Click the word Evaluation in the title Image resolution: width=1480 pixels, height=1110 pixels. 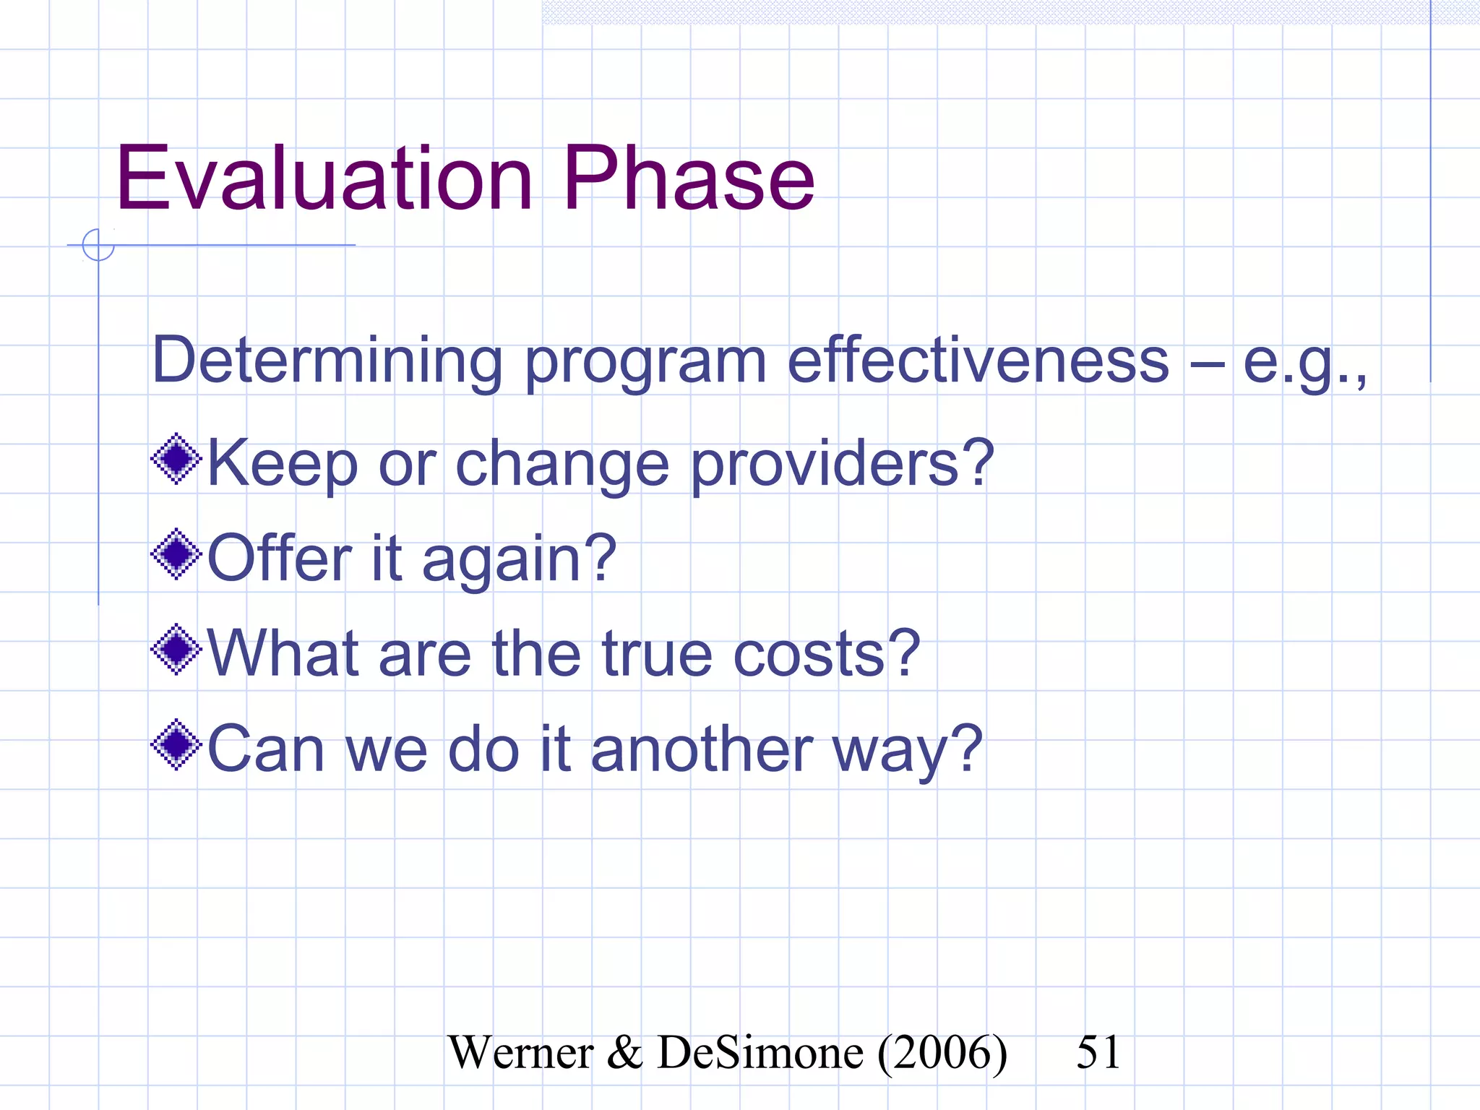(324, 178)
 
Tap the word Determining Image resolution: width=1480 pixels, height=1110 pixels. (327, 361)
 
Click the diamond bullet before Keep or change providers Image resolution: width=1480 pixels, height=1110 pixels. (176, 459)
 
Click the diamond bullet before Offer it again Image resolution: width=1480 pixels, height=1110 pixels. (176, 554)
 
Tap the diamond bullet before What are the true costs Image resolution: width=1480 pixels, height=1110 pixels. (176, 650)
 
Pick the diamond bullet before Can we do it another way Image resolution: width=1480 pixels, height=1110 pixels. (176, 745)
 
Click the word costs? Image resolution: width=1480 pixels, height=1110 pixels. (827, 653)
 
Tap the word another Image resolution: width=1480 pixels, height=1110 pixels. (702, 749)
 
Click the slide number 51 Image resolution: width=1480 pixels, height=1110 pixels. (1098, 1052)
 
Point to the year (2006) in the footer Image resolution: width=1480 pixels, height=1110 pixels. (942, 1053)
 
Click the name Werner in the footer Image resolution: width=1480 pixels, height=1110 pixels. (520, 1053)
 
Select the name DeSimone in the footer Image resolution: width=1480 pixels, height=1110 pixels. (760, 1053)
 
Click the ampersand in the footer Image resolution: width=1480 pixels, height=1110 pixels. (625, 1053)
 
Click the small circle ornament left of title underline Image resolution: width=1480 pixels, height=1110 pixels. (98, 245)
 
